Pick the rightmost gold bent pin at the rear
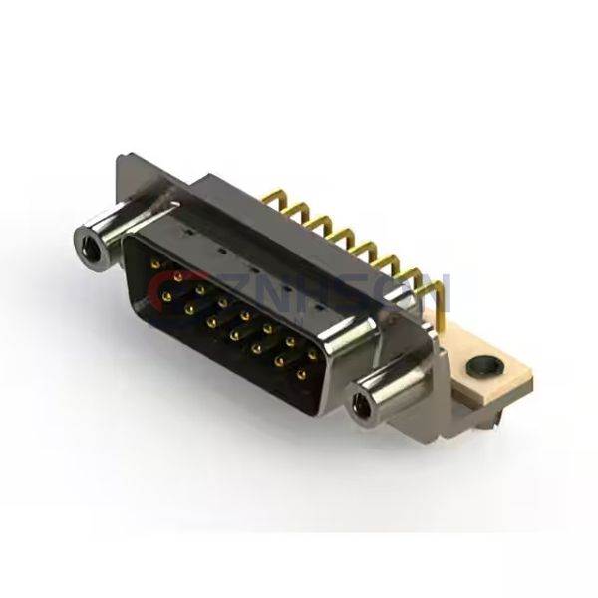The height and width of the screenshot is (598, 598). point(431,289)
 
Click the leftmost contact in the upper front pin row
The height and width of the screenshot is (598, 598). point(157,264)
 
